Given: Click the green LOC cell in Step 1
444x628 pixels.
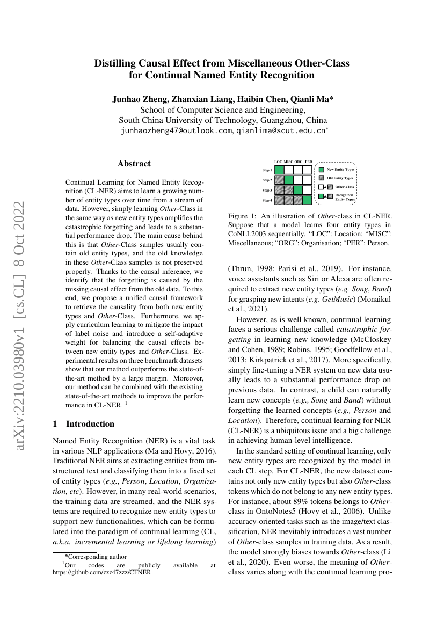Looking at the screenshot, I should [279, 170].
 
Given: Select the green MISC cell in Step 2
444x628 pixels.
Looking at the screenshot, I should [289, 180].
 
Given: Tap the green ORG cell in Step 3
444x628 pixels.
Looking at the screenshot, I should [298, 190].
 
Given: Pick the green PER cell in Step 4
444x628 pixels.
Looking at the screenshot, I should [308, 200].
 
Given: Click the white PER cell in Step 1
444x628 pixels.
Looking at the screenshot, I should [308, 170].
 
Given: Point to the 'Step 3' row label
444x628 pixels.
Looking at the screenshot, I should [267, 191].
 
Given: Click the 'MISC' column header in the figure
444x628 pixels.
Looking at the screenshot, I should [289, 162].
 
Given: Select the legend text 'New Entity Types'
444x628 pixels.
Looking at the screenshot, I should [340, 170].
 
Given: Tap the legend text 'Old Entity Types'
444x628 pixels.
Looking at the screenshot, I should [340, 178].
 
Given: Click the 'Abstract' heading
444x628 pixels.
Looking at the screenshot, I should [134, 164].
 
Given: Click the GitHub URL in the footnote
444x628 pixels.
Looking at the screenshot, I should [101, 572].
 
